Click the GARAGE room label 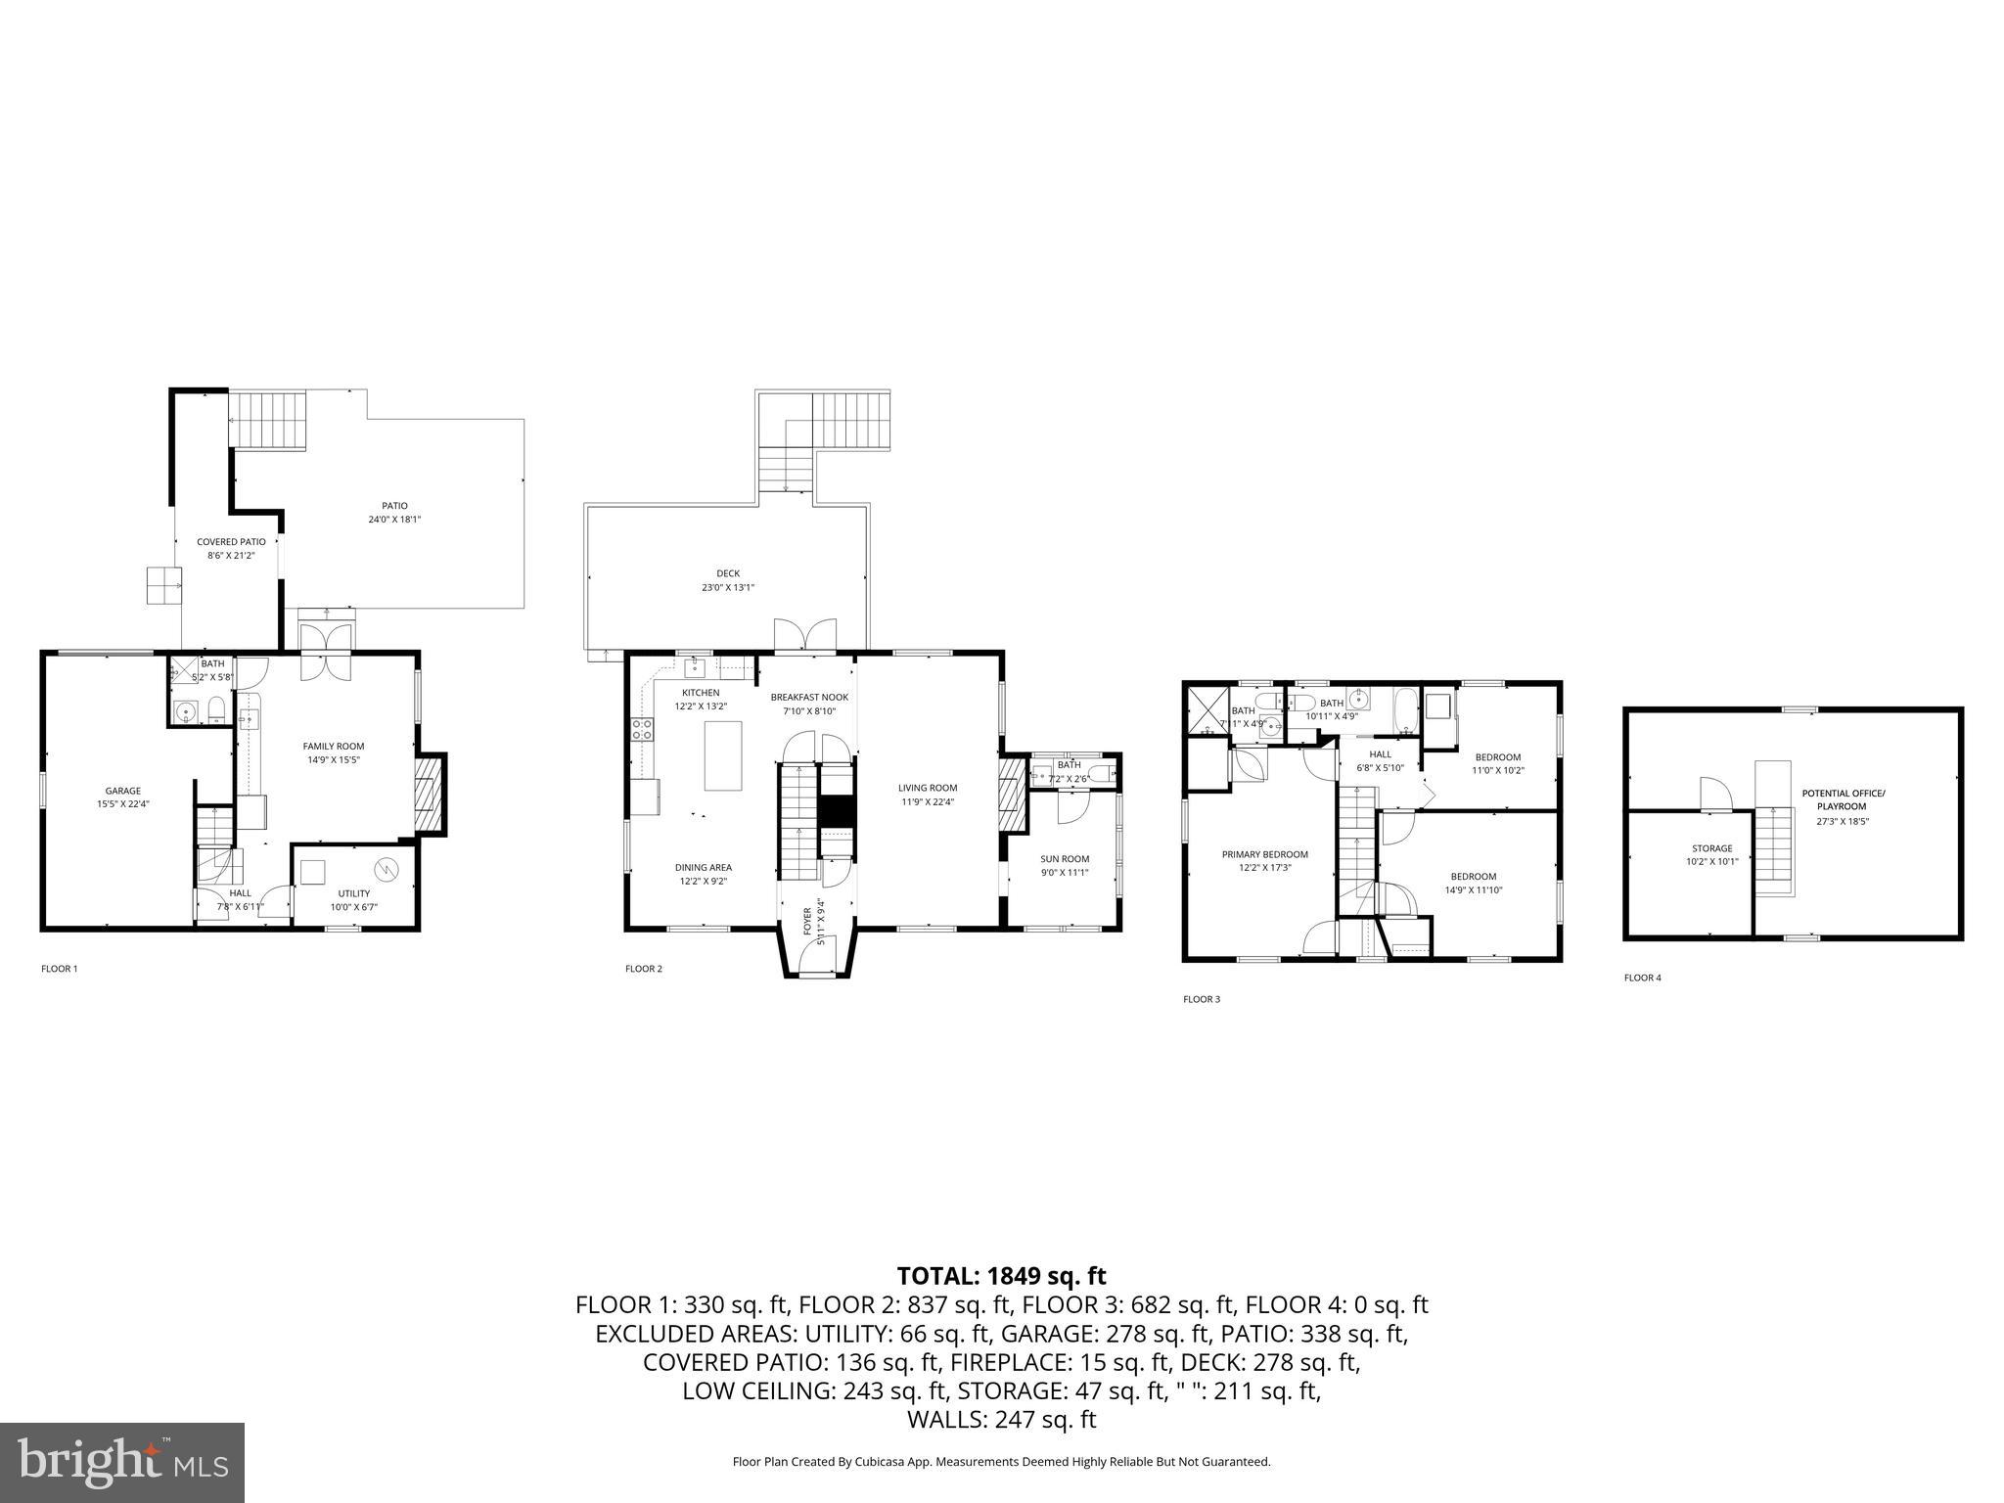[123, 791]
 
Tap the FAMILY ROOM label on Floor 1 [333, 746]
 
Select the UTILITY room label [353, 893]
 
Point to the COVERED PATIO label [231, 542]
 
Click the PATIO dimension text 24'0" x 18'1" [394, 520]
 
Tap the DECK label [728, 573]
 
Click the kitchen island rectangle [722, 755]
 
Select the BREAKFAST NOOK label [809, 697]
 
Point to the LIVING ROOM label [928, 788]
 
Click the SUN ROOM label [1065, 859]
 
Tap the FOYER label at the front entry [807, 925]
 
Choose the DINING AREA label [703, 867]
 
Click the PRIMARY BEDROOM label [1264, 854]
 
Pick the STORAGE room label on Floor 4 [1711, 848]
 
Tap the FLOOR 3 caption [1202, 999]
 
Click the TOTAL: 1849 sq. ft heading [1001, 1276]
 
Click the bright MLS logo [122, 1462]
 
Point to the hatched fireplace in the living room [1011, 797]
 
